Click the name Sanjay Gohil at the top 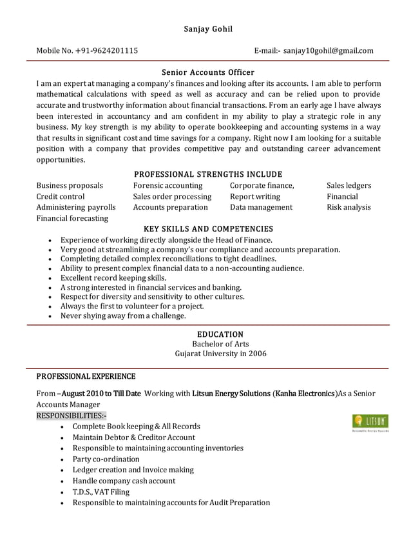[x=207, y=28]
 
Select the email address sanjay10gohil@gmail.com [x=328, y=50]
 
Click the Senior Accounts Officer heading [x=207, y=72]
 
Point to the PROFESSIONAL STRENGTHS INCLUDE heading [x=207, y=174]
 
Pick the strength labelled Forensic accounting [x=167, y=186]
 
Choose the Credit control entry [x=61, y=196]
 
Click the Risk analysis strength [x=349, y=207]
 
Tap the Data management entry [x=261, y=207]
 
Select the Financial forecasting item [x=72, y=218]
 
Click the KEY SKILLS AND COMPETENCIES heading [x=207, y=228]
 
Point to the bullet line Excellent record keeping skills [x=113, y=277]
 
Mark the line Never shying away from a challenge [x=123, y=316]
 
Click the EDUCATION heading [x=220, y=334]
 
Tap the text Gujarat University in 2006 [x=220, y=354]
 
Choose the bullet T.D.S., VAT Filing [x=101, y=492]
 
